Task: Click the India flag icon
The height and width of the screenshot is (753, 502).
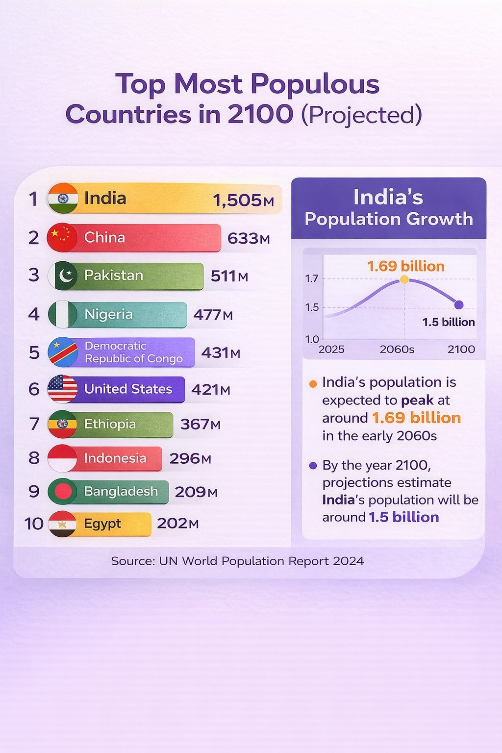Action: pyautogui.click(x=63, y=198)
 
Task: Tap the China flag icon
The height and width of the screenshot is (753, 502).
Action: pyautogui.click(x=62, y=237)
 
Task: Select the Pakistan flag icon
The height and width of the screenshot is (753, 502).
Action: pyautogui.click(x=63, y=276)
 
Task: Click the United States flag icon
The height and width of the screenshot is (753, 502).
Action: pyautogui.click(x=63, y=389)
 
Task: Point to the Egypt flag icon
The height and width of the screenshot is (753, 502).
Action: pyautogui.click(x=63, y=524)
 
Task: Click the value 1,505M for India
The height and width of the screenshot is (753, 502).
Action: pyautogui.click(x=243, y=200)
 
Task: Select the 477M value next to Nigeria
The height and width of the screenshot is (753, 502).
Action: pyautogui.click(x=213, y=314)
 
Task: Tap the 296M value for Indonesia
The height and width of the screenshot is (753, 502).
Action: pyautogui.click(x=190, y=458)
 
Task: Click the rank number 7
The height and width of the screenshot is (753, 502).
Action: pyautogui.click(x=34, y=424)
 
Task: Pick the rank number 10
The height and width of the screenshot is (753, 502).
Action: pyautogui.click(x=34, y=524)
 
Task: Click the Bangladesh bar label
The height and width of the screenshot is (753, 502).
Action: pyautogui.click(x=121, y=491)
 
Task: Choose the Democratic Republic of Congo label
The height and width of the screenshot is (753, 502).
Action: pyautogui.click(x=133, y=352)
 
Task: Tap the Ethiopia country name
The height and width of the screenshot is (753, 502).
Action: pyautogui.click(x=110, y=424)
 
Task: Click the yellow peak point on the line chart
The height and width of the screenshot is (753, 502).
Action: pyautogui.click(x=404, y=279)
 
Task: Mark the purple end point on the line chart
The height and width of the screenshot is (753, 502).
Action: pyautogui.click(x=459, y=304)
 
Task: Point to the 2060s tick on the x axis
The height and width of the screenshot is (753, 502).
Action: pyautogui.click(x=397, y=350)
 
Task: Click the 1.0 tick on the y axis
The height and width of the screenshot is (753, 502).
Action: pyautogui.click(x=312, y=339)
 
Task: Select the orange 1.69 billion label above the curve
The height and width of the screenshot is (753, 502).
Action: pyautogui.click(x=406, y=266)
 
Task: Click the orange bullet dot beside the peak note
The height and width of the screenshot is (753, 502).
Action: pyautogui.click(x=313, y=384)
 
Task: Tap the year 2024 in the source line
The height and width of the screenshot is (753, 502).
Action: pyautogui.click(x=348, y=561)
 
